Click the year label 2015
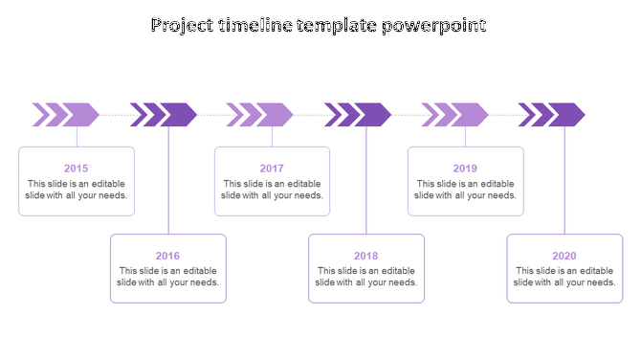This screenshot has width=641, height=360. click(77, 169)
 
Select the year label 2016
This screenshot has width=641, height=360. click(167, 256)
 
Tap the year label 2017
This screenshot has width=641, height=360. click(272, 169)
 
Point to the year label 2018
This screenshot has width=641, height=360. click(365, 256)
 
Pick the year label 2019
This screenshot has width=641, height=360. click(465, 169)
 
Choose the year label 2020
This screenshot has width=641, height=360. click(564, 256)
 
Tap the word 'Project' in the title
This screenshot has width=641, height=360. click(183, 26)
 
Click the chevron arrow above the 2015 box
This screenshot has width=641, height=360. click(67, 115)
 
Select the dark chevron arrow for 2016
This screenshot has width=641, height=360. click(165, 115)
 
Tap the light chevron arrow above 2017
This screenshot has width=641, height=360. click(261, 115)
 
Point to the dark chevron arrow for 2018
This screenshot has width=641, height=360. click(359, 115)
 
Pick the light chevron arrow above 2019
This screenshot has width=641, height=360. click(456, 115)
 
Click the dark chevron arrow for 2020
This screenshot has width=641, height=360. click(553, 115)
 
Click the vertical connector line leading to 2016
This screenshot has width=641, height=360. click(169, 182)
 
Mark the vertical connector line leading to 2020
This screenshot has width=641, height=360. click(564, 182)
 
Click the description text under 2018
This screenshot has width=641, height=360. click(365, 277)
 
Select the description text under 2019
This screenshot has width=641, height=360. click(465, 190)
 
